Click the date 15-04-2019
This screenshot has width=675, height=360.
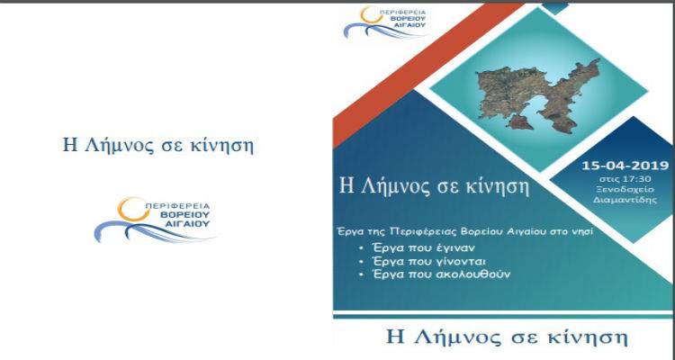[622, 166]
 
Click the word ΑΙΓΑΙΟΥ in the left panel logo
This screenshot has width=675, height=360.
[191, 226]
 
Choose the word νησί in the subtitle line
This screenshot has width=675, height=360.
[580, 231]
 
